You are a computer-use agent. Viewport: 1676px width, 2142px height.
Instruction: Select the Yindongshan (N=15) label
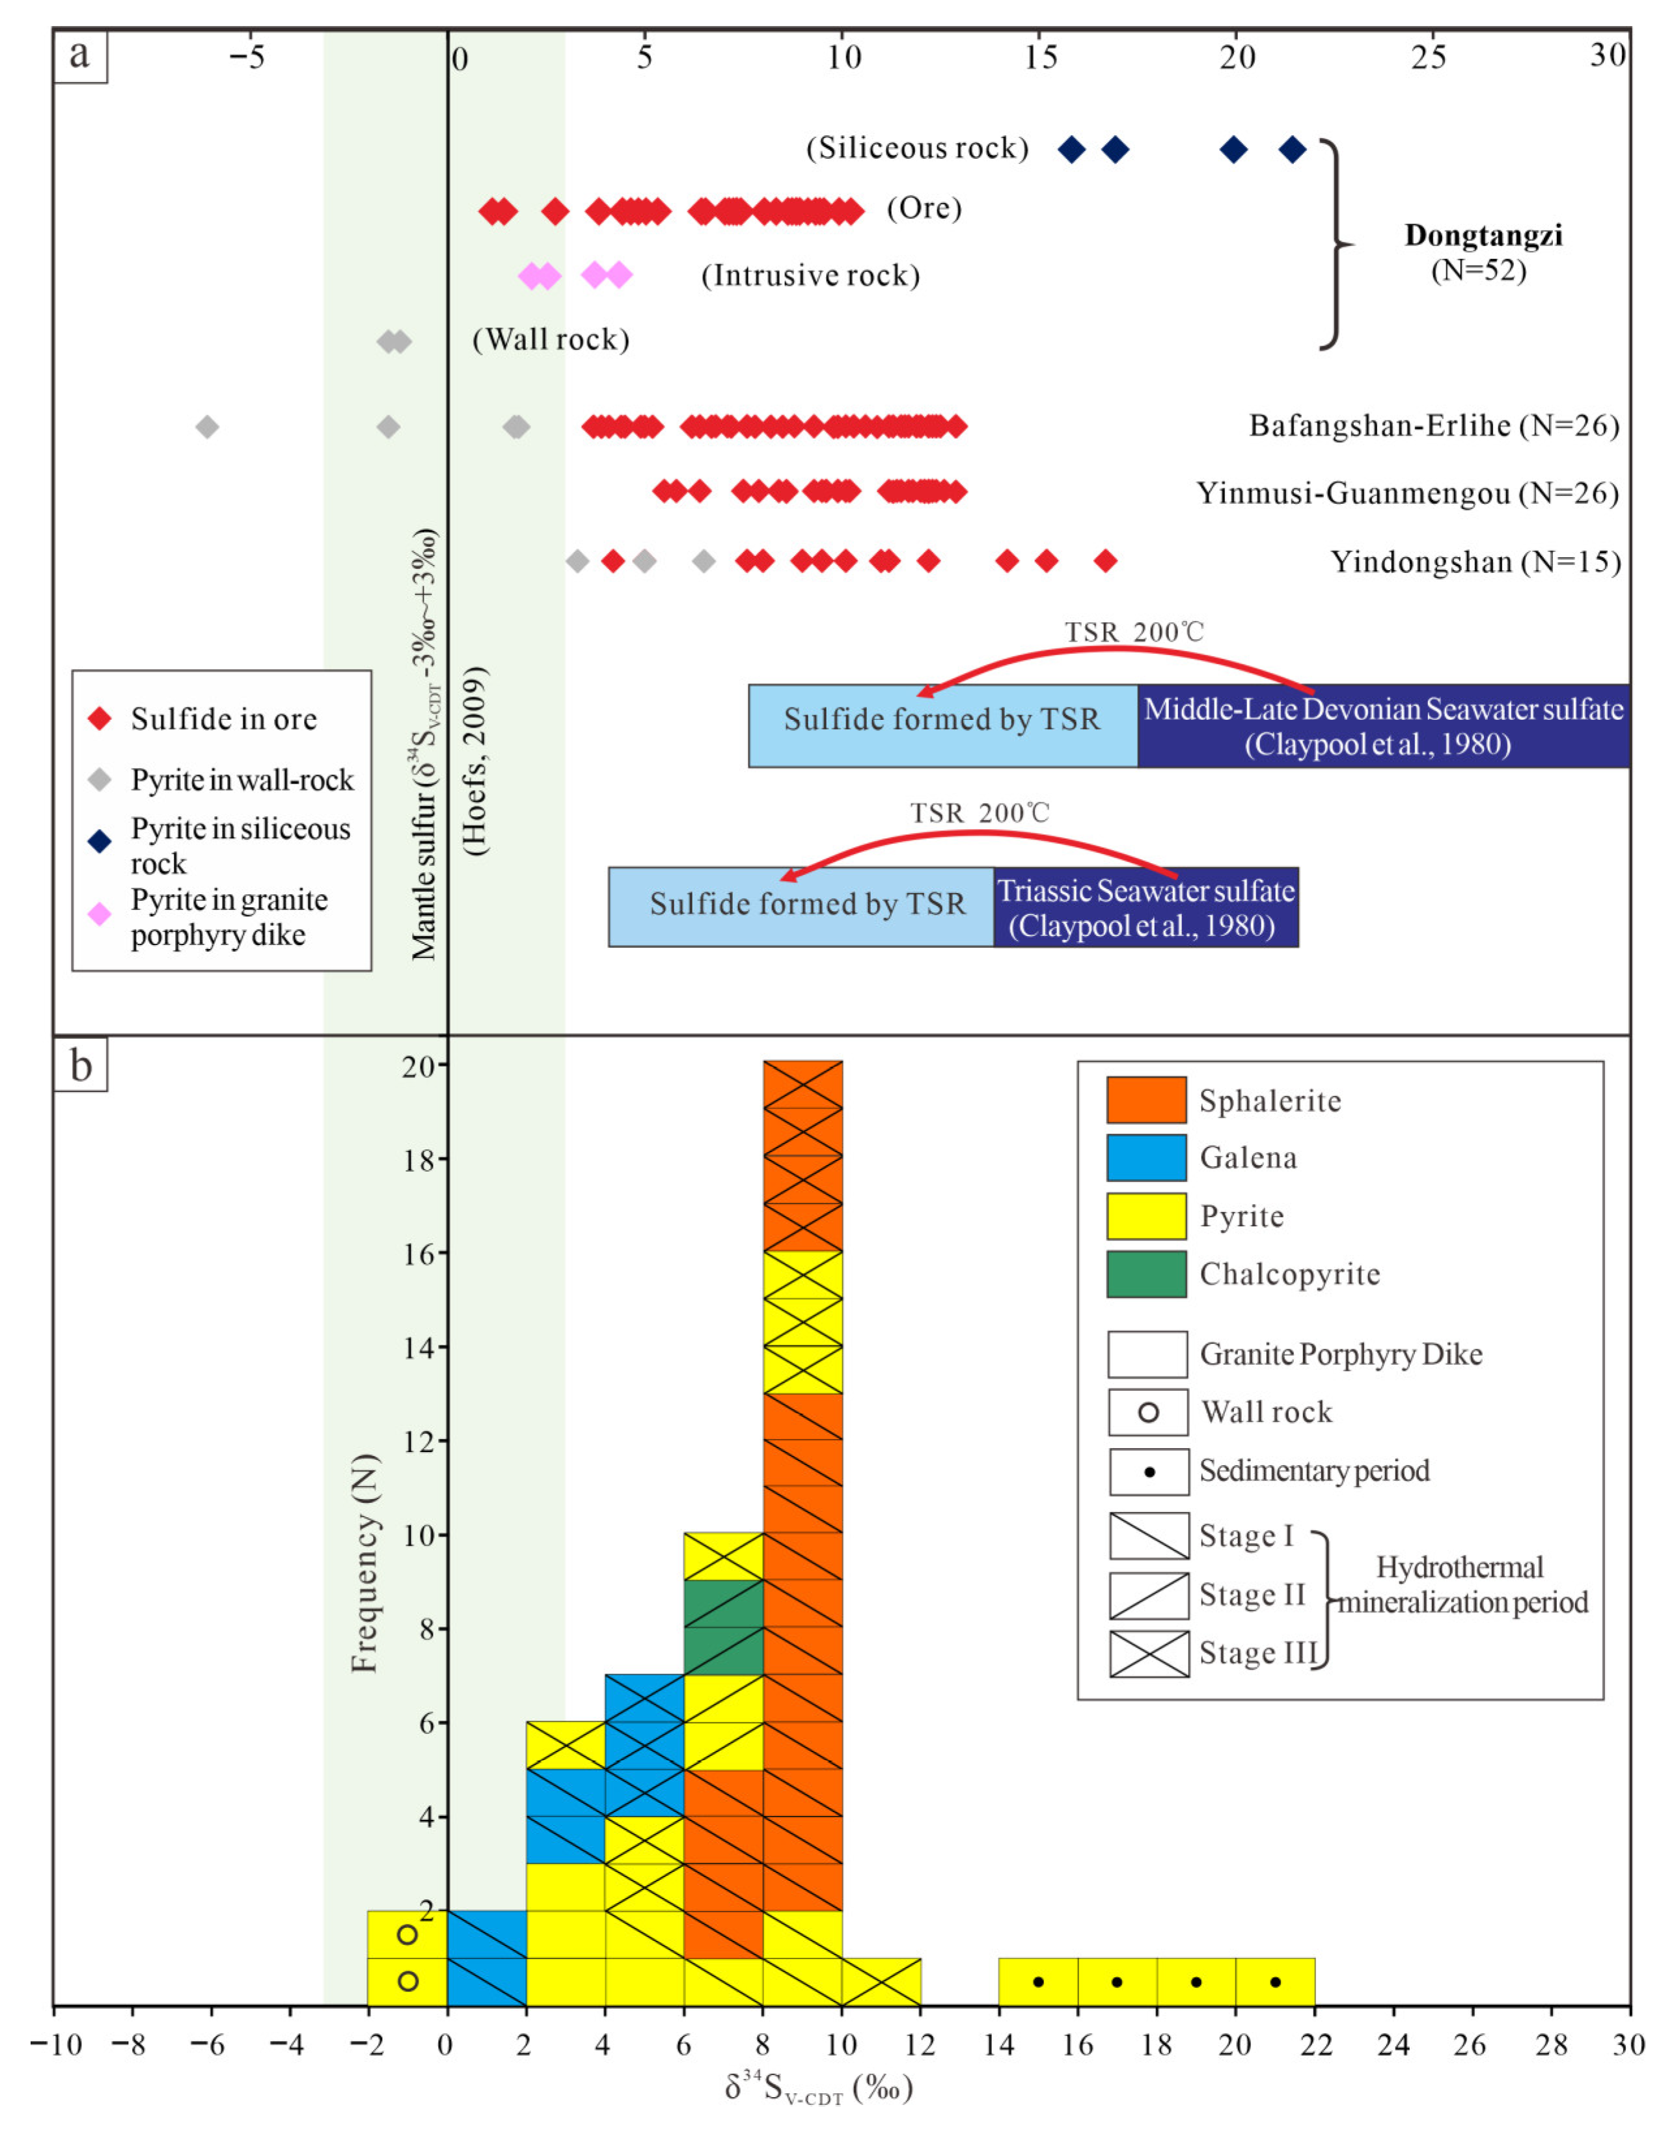1475,562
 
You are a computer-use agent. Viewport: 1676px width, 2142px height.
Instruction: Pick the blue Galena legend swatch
1146,1158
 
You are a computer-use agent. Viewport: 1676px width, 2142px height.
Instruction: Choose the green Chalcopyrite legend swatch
1146,1274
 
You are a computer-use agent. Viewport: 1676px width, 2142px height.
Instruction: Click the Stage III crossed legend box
1149,1655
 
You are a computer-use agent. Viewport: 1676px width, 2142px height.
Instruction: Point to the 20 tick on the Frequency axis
420,1065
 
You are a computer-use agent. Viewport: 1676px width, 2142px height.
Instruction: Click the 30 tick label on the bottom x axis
1628,2045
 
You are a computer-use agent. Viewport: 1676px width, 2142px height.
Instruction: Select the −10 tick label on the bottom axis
52,2045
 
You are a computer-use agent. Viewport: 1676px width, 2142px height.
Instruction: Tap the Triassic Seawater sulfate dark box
1146,907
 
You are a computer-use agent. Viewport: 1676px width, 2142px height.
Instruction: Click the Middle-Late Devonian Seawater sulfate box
1384,726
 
